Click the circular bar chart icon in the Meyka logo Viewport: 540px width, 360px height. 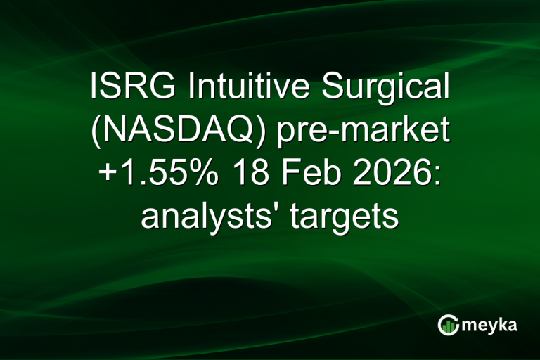click(448, 324)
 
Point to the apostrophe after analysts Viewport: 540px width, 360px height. click(268, 208)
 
